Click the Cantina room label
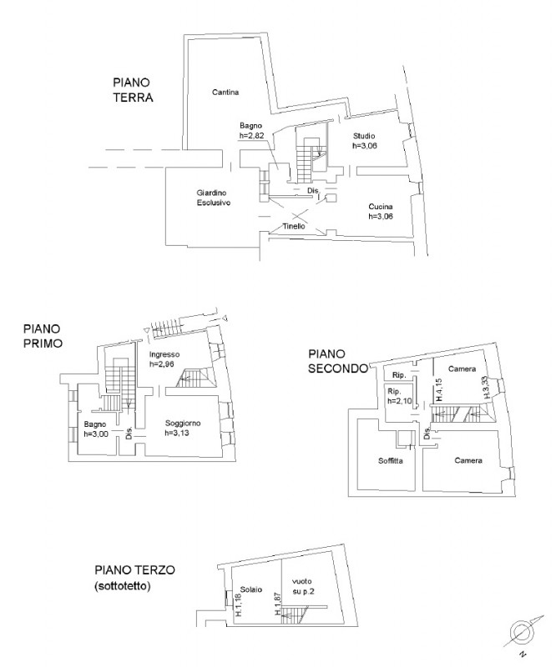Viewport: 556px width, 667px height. click(225, 93)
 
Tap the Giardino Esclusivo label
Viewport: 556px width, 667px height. click(214, 198)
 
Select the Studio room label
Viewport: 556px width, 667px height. click(364, 136)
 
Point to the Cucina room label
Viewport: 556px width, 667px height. click(381, 207)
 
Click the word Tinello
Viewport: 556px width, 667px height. click(294, 226)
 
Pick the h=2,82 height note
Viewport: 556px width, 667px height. click(252, 136)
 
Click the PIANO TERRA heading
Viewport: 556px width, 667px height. click(133, 90)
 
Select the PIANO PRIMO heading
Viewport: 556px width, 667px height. click(43, 336)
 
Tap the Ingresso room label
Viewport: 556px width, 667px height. click(164, 354)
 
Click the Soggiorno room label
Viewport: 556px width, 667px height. click(183, 424)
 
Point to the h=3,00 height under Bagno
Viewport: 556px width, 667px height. click(96, 434)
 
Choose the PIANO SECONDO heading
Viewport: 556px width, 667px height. click(338, 361)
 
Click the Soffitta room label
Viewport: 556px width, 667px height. click(391, 461)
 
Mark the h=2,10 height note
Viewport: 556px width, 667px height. click(400, 401)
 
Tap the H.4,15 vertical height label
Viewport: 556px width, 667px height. click(439, 389)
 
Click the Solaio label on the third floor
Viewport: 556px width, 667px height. click(251, 589)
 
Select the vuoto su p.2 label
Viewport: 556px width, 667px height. click(303, 586)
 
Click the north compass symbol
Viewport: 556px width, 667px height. click(523, 631)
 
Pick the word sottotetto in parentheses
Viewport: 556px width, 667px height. click(122, 586)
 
